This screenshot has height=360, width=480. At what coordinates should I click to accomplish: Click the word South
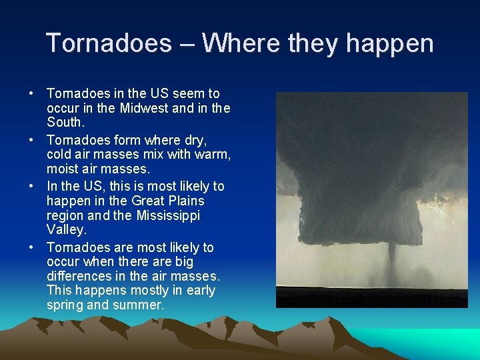(x=65, y=123)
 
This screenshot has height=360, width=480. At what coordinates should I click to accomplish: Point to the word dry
(x=193, y=141)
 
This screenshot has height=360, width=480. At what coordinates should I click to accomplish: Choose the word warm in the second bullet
(x=212, y=155)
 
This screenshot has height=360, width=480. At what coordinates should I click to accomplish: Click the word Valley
(x=66, y=230)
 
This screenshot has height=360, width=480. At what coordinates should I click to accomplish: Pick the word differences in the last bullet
(x=79, y=275)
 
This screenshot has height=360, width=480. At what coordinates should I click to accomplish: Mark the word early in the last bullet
(x=197, y=290)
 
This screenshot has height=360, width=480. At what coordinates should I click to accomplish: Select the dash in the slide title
(x=187, y=44)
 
